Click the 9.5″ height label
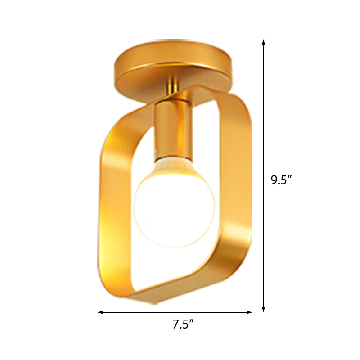pyautogui.click(x=281, y=180)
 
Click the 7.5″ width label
pyautogui.click(x=184, y=324)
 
